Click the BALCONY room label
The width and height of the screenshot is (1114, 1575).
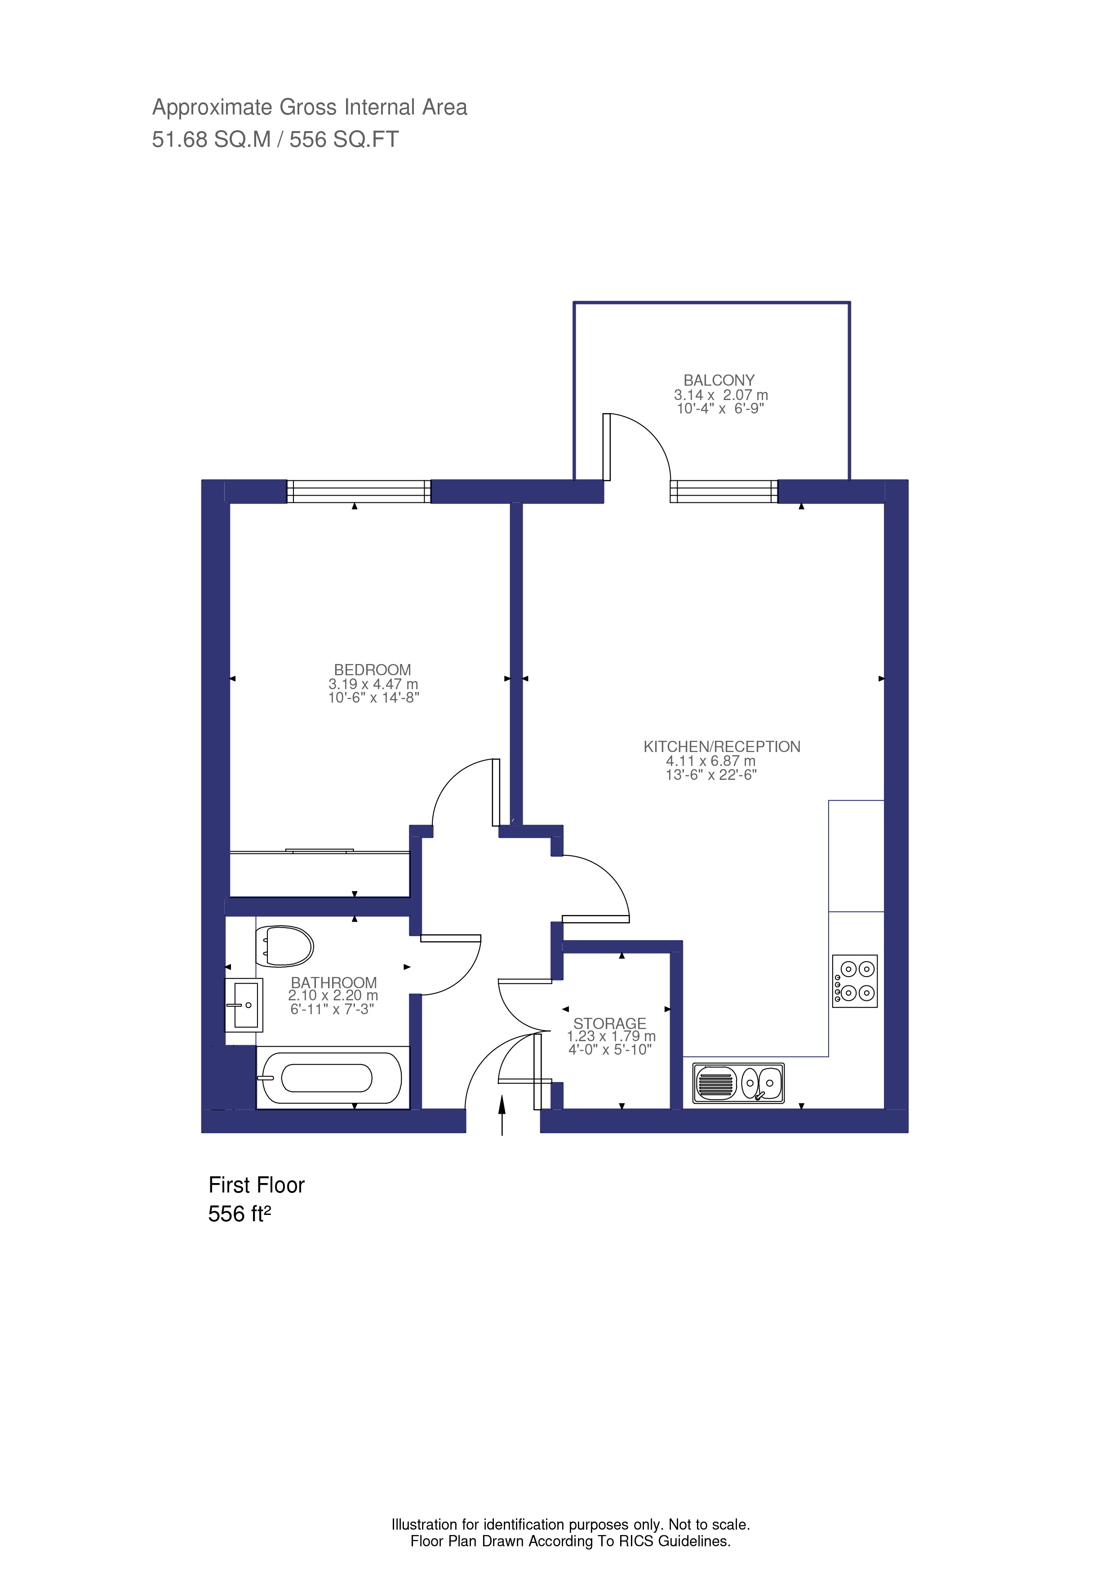(x=719, y=380)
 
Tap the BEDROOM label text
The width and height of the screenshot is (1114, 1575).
(x=372, y=669)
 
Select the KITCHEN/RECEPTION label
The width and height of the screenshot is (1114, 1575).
(x=721, y=746)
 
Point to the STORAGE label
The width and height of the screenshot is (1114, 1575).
(x=609, y=1024)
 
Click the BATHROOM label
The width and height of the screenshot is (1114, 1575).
(x=333, y=982)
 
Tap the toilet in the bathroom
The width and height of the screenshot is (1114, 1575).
(x=284, y=946)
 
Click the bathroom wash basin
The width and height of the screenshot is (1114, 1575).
(x=244, y=1005)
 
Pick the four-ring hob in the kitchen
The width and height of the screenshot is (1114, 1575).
(x=855, y=981)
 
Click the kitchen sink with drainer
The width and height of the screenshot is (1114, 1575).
(x=738, y=1083)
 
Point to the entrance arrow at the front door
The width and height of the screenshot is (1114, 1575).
(x=502, y=1115)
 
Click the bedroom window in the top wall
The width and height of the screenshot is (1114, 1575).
(x=358, y=491)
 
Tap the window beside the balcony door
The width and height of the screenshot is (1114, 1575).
(x=723, y=491)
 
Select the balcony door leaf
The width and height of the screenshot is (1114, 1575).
(x=607, y=447)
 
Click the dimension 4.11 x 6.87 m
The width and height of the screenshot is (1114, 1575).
(x=710, y=761)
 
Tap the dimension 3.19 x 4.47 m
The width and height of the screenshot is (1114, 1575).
(x=373, y=684)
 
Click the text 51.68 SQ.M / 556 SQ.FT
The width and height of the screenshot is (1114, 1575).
(x=275, y=139)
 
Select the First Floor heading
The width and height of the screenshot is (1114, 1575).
(x=256, y=1185)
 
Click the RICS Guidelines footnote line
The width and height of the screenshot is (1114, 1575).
(x=570, y=1541)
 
